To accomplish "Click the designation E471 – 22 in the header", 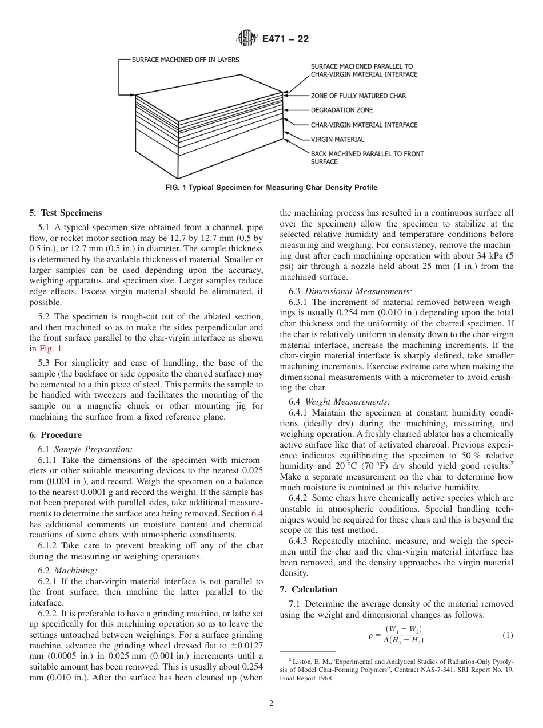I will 285,39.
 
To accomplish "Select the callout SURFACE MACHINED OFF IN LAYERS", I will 185,60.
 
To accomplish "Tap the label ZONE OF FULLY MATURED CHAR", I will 358,96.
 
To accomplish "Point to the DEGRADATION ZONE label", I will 341,110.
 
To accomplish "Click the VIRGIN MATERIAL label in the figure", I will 337,139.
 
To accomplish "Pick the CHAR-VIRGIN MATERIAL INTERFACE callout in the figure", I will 364,125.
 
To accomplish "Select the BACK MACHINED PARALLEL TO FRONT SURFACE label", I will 367,157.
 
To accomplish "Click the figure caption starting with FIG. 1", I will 271,188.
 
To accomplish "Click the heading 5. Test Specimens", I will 66,213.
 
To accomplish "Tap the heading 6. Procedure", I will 55,435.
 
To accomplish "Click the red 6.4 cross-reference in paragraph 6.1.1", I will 257,513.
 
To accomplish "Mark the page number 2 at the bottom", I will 271,703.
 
